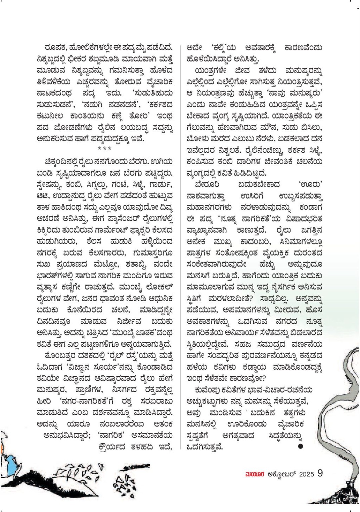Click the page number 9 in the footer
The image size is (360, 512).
coord(320,473)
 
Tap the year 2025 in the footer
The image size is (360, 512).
coord(306,474)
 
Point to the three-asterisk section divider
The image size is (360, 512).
coord(104,148)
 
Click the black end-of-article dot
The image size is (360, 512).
coord(301,446)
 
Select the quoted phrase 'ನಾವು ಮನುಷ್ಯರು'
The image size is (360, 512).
coord(296,91)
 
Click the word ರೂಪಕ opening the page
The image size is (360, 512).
coord(54,48)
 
